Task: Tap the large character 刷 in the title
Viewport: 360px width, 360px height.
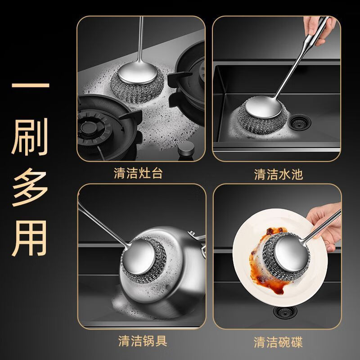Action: (x=30, y=137)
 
